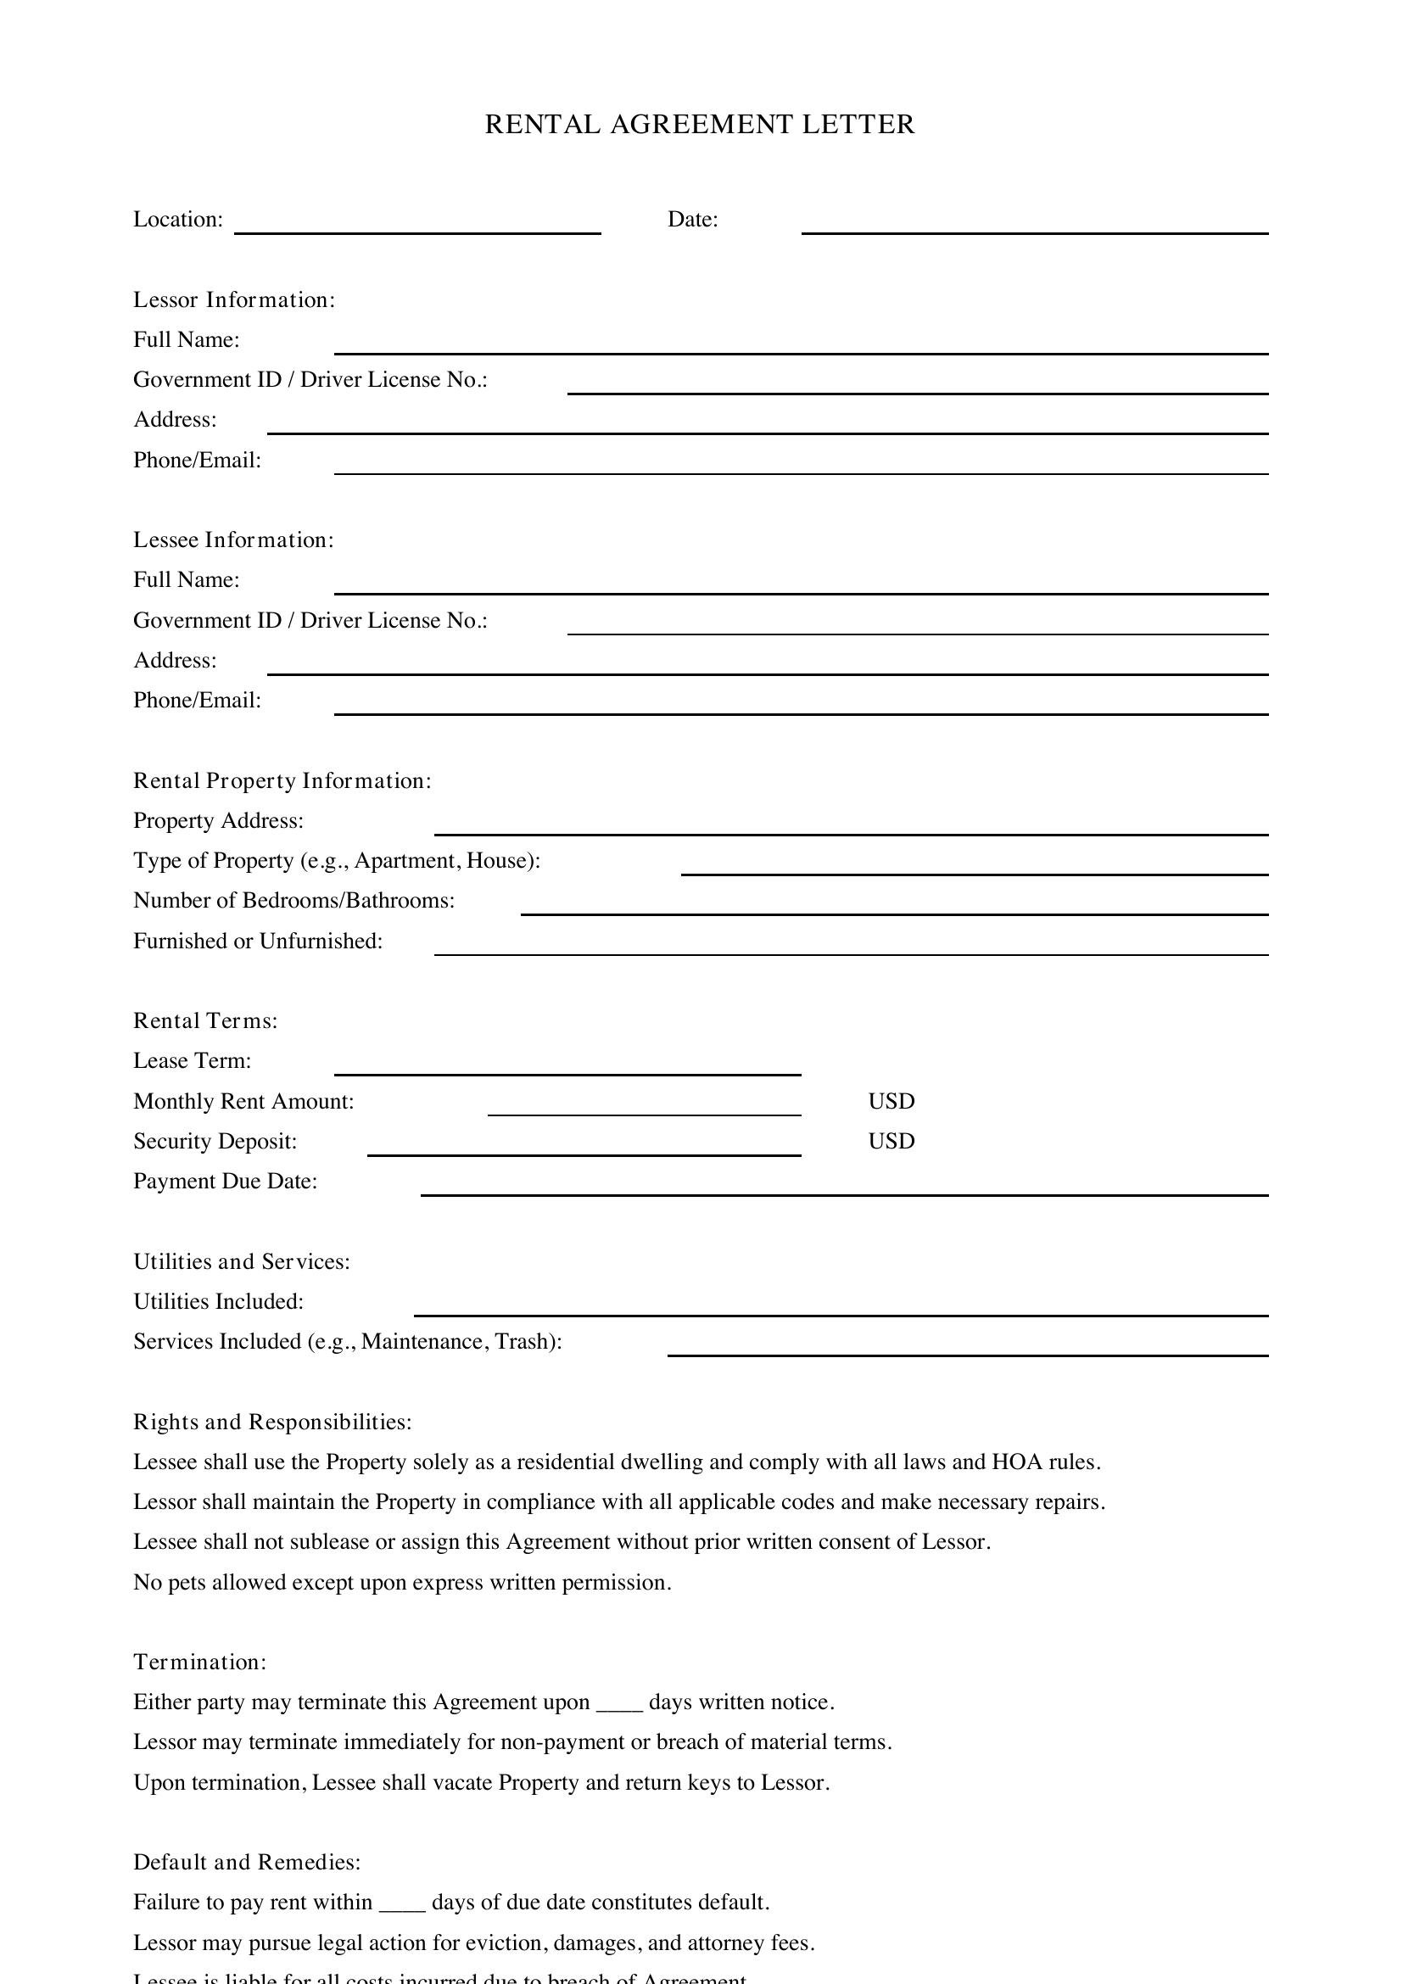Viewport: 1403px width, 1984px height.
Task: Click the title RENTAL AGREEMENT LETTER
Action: tap(699, 125)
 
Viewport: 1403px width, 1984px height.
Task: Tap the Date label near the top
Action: tap(692, 220)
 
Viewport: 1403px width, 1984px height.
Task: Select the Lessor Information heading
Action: tap(233, 299)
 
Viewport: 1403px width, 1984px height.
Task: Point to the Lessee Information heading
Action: tap(233, 540)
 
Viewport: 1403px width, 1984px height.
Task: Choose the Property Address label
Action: tap(218, 821)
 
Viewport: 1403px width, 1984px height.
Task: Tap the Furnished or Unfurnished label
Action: tap(258, 941)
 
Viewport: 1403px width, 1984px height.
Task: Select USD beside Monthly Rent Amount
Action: tap(891, 1102)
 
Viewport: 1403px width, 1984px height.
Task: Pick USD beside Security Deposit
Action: tap(891, 1142)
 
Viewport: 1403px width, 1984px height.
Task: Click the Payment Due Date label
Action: tap(225, 1182)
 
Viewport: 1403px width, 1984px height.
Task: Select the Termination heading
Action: tap(199, 1663)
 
